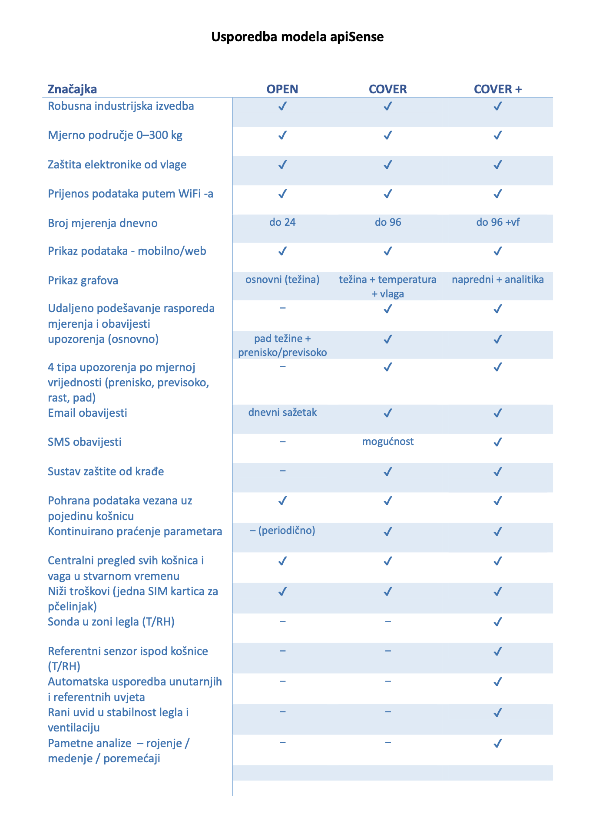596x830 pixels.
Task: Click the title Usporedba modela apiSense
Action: click(x=297, y=37)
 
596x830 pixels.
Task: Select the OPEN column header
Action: click(x=282, y=89)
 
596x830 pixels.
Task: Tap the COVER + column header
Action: click(x=497, y=89)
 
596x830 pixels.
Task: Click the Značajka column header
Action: click(x=72, y=89)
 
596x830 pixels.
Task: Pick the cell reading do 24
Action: click(x=282, y=222)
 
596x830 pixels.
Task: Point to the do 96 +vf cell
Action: click(x=498, y=222)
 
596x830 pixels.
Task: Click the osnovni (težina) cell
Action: click(x=282, y=280)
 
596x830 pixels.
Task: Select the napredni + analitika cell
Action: click(x=498, y=280)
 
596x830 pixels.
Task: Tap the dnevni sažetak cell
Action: click(x=282, y=412)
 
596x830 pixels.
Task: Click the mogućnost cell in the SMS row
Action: click(x=388, y=441)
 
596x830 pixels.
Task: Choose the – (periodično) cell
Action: click(x=282, y=530)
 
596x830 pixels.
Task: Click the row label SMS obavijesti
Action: click(x=85, y=442)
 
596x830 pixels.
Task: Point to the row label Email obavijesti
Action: click(x=87, y=413)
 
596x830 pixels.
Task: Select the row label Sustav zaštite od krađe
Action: click(x=106, y=471)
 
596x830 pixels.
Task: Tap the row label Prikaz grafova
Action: click(x=83, y=280)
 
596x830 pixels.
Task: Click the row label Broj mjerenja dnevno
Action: click(x=103, y=223)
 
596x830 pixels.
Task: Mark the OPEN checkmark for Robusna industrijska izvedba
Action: click(x=282, y=106)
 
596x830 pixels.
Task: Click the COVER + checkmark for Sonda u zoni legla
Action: click(x=498, y=622)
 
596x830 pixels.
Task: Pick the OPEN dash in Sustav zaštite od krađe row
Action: click(x=282, y=471)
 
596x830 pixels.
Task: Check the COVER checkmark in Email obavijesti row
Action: click(x=388, y=412)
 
